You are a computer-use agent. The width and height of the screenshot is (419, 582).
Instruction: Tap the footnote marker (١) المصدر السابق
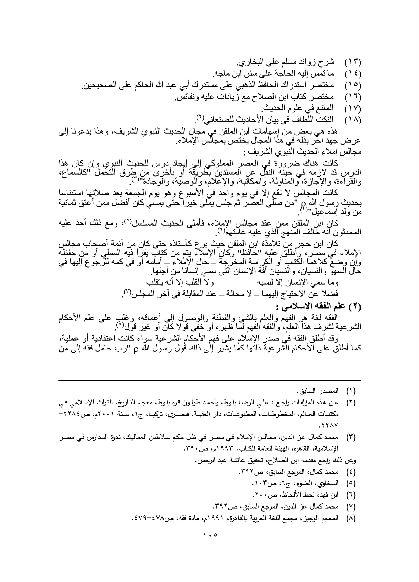pyautogui.click(x=351, y=391)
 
